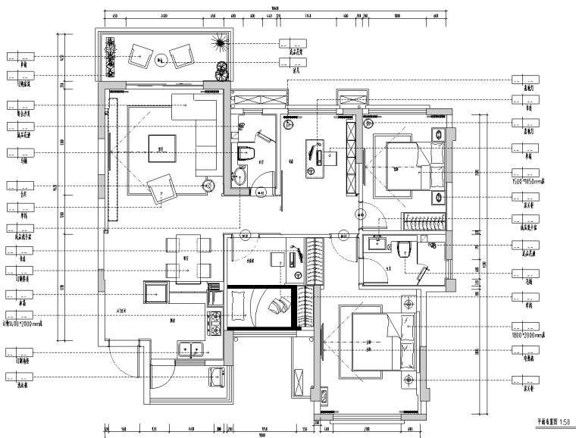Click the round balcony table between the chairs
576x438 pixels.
(x=160, y=58)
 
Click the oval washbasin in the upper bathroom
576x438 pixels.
(x=239, y=178)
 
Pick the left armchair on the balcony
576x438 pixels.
(x=139, y=54)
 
